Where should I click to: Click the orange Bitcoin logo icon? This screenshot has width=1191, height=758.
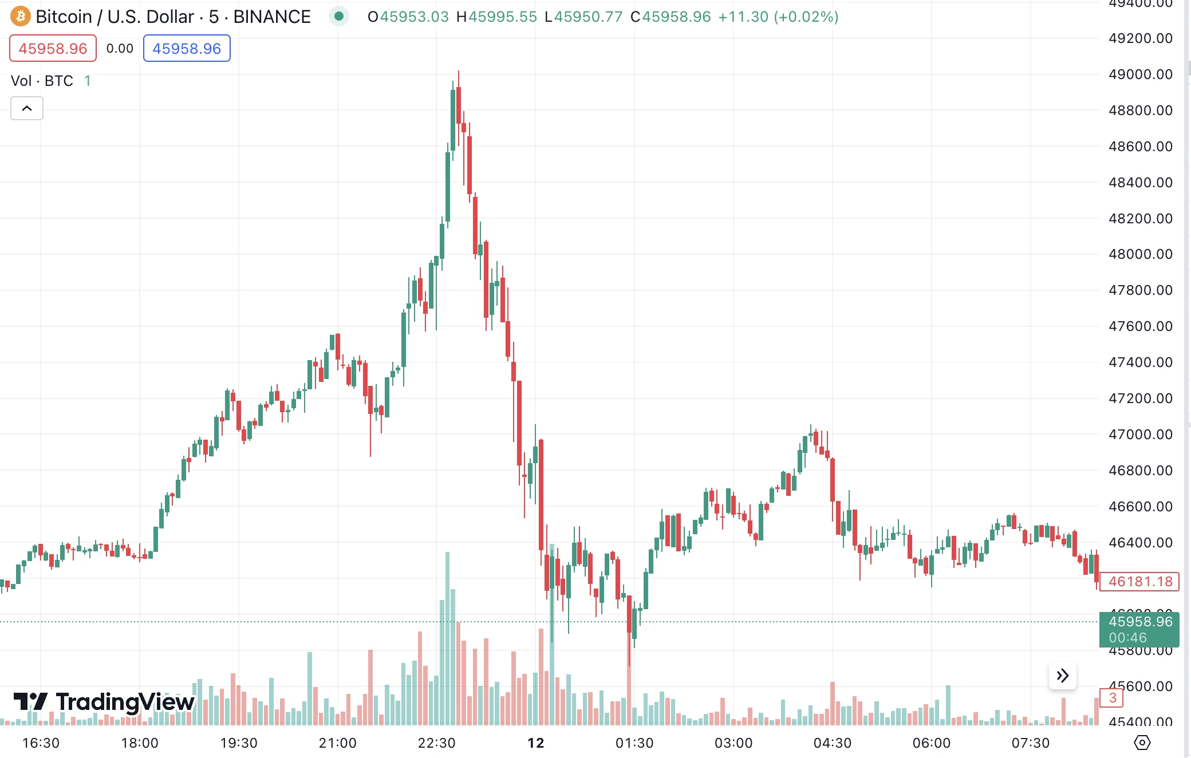click(x=21, y=17)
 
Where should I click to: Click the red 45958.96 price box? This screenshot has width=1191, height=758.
click(x=53, y=49)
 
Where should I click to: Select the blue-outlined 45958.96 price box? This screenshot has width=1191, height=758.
click(x=187, y=49)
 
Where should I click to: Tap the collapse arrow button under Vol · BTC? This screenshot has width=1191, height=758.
click(x=27, y=108)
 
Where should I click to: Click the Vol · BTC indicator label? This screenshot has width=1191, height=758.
click(x=42, y=81)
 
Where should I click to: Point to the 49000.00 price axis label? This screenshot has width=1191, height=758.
click(x=1140, y=74)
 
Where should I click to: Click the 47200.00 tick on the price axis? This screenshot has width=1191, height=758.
click(x=1140, y=398)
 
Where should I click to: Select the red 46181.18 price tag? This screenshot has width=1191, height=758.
click(x=1139, y=582)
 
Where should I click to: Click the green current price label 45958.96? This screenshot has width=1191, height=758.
click(x=1139, y=622)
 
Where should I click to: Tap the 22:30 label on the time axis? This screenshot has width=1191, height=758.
click(x=436, y=743)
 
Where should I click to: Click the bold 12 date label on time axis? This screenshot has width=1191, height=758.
click(x=536, y=743)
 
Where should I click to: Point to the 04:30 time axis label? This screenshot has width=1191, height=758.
click(x=832, y=743)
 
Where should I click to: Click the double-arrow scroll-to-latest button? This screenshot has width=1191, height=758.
click(x=1063, y=676)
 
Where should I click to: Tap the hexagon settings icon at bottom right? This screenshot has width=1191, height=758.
click(x=1142, y=743)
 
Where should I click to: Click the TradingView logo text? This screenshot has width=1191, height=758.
click(x=125, y=702)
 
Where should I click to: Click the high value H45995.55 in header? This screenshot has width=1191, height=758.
click(x=496, y=17)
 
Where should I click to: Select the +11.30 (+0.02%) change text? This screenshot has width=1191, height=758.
click(x=778, y=17)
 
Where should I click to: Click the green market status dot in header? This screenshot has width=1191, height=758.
click(x=339, y=17)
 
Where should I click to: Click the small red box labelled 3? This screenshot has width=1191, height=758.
click(x=1112, y=698)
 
